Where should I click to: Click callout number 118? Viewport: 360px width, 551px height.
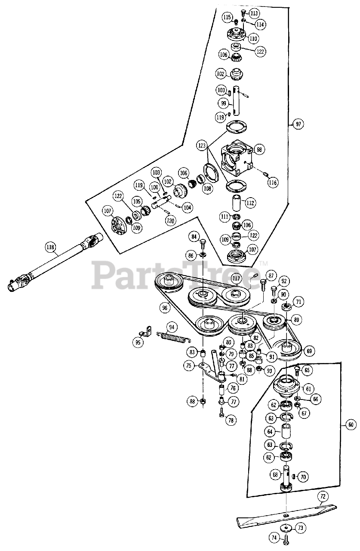coord(51,247)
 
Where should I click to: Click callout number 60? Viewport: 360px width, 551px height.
coord(351,425)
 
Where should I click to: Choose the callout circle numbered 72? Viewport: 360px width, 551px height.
coord(323,497)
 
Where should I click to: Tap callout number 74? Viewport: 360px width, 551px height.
coord(274,537)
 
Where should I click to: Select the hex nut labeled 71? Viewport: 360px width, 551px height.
coord(286,307)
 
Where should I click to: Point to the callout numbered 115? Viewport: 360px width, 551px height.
coord(227,17)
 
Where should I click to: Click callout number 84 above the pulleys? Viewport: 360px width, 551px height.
coord(194,237)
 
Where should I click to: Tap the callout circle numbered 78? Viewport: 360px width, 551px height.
coord(232,420)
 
